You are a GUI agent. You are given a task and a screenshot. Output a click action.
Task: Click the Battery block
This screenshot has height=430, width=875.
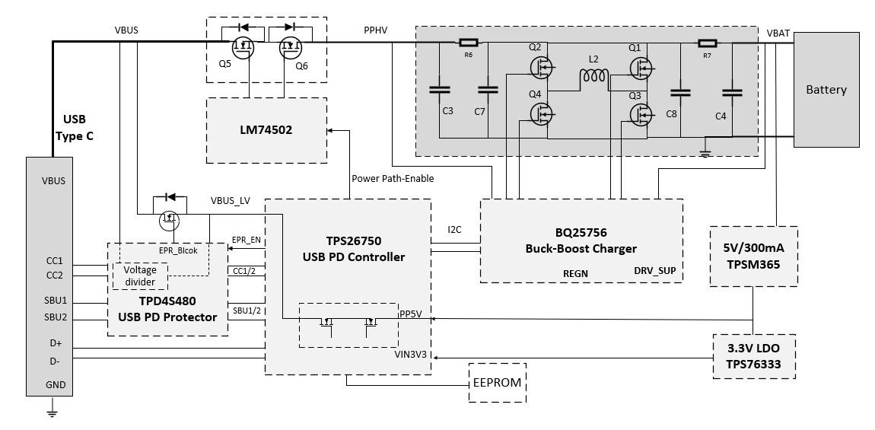[x=826, y=90]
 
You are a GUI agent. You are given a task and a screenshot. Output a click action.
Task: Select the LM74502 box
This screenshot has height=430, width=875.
[x=266, y=130]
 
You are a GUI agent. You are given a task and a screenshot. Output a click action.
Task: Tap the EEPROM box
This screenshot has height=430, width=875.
[x=497, y=383]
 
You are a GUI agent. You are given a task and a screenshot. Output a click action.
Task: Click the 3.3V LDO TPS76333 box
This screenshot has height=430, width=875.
[x=752, y=355]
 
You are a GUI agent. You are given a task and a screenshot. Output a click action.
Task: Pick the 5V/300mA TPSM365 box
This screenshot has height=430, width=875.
[x=752, y=256]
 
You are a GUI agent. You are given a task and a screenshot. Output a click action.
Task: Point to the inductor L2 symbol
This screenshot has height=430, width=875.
[x=594, y=76]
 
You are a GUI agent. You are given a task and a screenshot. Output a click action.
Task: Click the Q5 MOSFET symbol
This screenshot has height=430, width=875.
[x=243, y=46]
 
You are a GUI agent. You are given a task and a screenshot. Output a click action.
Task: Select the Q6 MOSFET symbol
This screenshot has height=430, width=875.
[x=290, y=46]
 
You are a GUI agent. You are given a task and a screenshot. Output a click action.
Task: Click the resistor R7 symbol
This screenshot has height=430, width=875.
[x=707, y=43]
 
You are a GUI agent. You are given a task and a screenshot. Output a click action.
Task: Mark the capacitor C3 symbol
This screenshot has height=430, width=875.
[x=440, y=89]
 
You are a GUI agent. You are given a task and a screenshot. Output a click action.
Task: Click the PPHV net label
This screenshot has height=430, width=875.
[x=376, y=30]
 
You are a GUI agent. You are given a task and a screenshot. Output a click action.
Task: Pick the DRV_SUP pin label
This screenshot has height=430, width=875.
[x=654, y=271]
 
